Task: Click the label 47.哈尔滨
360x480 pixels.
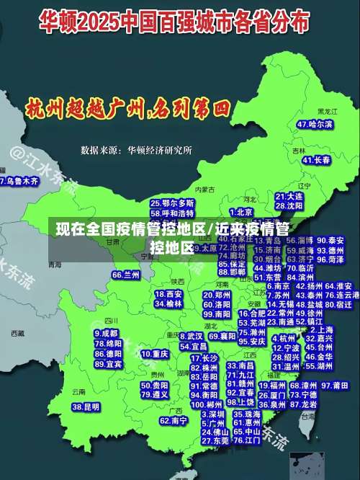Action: coord(315,124)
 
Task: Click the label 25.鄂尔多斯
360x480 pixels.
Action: coord(172,203)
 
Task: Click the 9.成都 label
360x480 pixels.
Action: coord(107,333)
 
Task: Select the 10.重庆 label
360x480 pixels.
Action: coord(155,354)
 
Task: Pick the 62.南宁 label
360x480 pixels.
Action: coord(174,420)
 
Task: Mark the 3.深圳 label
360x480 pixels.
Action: coord(213,414)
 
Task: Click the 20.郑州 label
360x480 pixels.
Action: coord(216,295)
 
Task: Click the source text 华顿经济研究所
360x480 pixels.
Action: coord(160,150)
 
